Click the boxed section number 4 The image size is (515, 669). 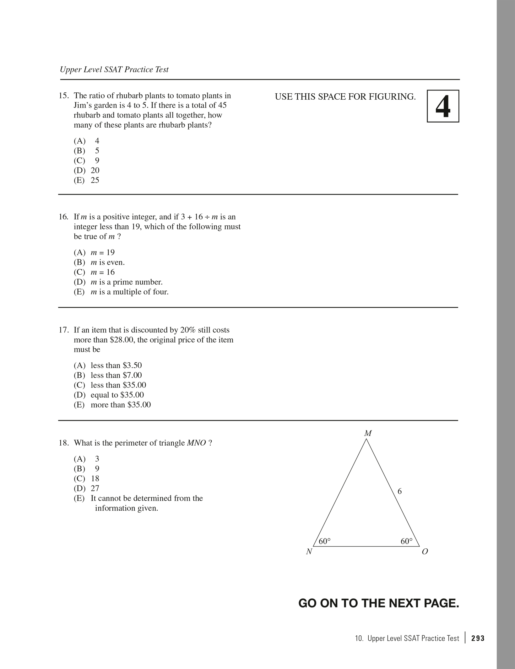(x=443, y=106)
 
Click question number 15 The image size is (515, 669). (x=63, y=96)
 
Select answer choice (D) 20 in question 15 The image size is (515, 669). (x=87, y=170)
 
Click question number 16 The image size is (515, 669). (x=63, y=217)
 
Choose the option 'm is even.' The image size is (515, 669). (x=107, y=262)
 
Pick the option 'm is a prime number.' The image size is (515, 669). (x=126, y=282)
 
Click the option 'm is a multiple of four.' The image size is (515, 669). (x=129, y=292)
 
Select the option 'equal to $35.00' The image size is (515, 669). (x=117, y=395)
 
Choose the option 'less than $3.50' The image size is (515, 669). (x=116, y=365)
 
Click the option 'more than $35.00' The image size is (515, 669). (x=120, y=405)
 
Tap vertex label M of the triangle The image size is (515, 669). (x=368, y=434)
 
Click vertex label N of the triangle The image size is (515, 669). (x=309, y=552)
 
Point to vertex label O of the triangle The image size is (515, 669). (x=425, y=552)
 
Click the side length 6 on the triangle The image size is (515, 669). (x=399, y=491)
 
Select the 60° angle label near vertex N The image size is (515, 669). (x=325, y=541)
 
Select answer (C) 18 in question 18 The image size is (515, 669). (x=87, y=479)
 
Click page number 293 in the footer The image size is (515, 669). (x=478, y=639)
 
